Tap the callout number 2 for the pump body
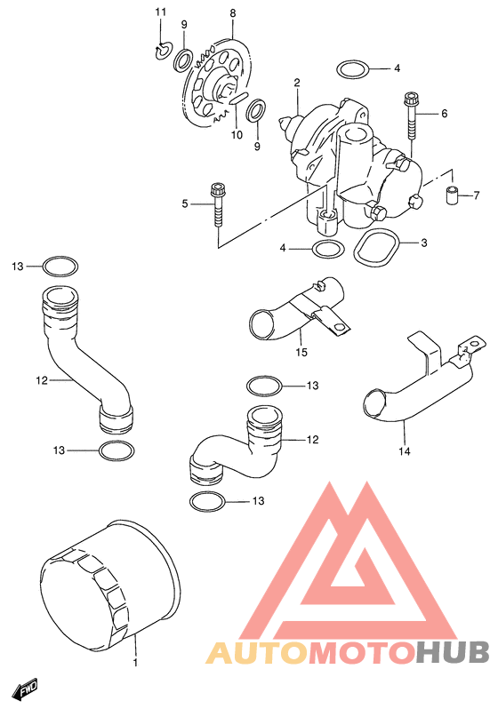pyautogui.click(x=297, y=83)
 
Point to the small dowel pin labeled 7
pyautogui.click(x=451, y=195)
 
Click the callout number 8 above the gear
pyautogui.click(x=233, y=13)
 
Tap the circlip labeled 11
pyautogui.click(x=161, y=52)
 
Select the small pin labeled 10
pyautogui.click(x=238, y=99)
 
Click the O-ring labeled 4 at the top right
pyautogui.click(x=353, y=69)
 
